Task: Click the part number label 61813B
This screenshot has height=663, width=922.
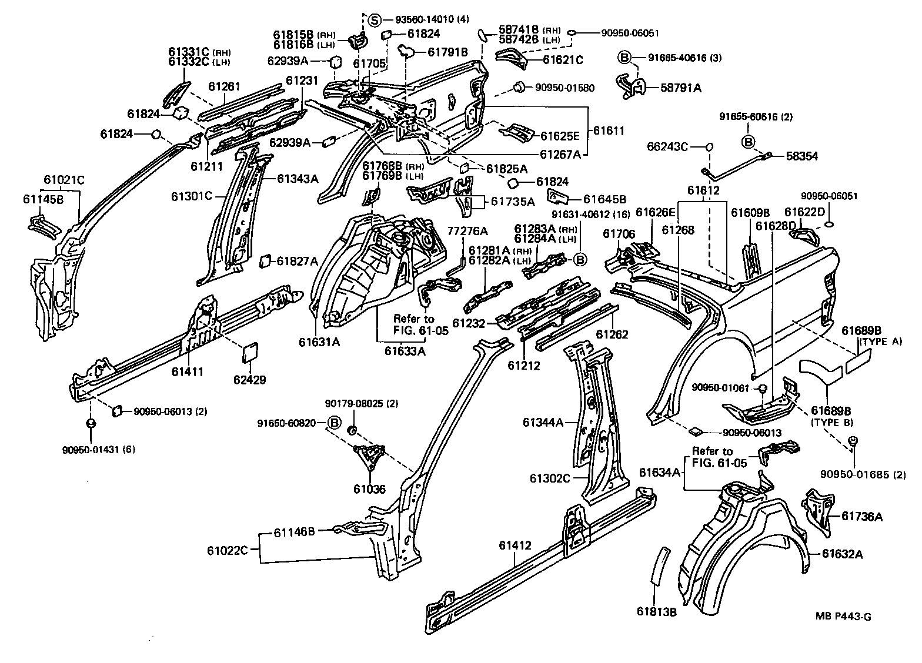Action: (656, 612)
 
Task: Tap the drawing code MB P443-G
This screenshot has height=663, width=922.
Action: (843, 616)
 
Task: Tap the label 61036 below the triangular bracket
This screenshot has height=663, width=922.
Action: (369, 488)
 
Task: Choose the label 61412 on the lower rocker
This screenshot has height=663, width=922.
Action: (515, 545)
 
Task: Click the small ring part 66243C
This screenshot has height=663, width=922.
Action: (709, 146)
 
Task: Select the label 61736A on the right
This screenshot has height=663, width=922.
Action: (861, 516)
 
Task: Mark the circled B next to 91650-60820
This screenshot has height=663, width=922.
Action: (334, 423)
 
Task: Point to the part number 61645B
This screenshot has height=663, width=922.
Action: (604, 199)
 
